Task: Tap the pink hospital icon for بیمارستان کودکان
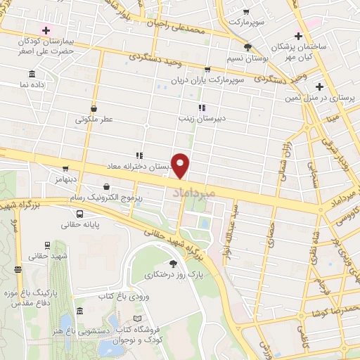47,30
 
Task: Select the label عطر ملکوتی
94,120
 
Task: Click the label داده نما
33,84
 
